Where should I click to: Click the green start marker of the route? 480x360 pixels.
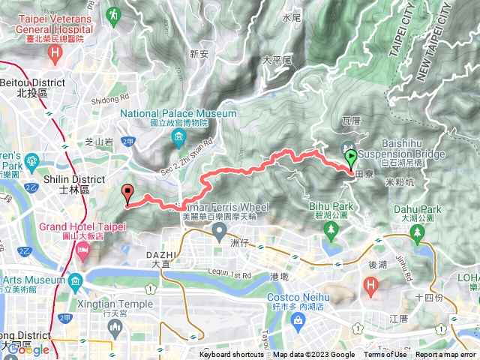pos(351,158)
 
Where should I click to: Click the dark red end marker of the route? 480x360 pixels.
pos(127,193)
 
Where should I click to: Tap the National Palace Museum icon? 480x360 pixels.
pos(180,136)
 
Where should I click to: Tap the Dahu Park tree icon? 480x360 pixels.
pos(417,235)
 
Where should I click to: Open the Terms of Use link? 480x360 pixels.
pos(385,355)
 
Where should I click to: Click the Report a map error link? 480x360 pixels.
pos(445,355)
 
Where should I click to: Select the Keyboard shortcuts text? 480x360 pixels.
pos(231,355)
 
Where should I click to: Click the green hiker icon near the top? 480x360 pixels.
pos(113,13)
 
